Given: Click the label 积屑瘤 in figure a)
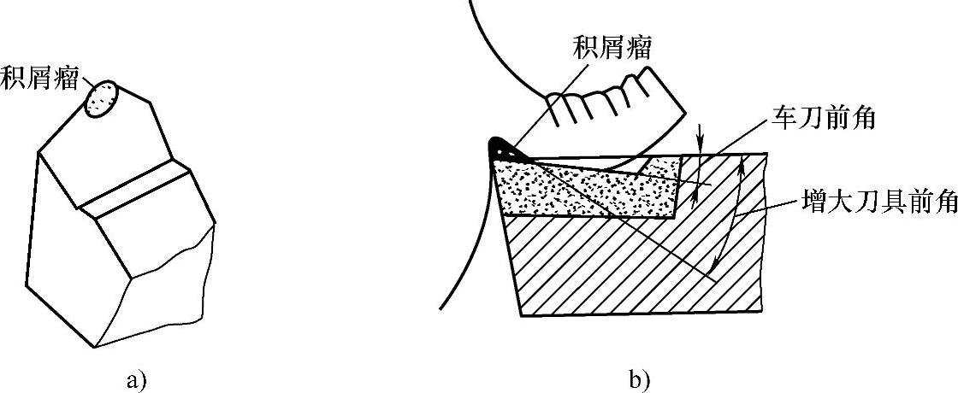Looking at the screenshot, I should click(x=38, y=77).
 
